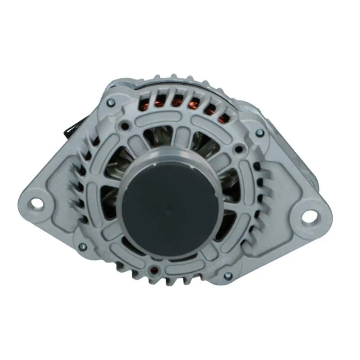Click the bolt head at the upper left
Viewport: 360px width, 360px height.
(x=111, y=102)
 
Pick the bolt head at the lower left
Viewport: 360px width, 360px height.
(x=83, y=247)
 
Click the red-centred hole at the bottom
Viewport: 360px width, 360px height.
(x=154, y=270)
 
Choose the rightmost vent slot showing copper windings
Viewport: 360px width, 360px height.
(x=222, y=119)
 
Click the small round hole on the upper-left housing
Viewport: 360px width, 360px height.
(x=124, y=126)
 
